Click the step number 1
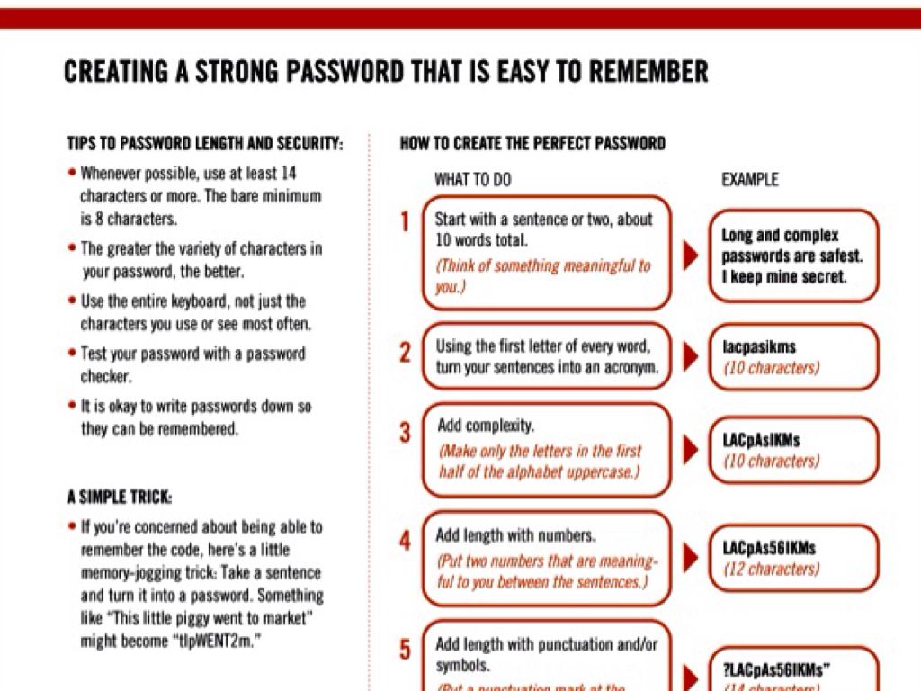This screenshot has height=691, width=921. click(405, 221)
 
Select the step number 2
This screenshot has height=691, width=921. click(405, 352)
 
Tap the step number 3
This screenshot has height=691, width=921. click(405, 433)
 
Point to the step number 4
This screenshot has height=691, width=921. click(405, 541)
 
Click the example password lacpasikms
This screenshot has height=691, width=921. click(759, 346)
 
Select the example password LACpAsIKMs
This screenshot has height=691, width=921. click(761, 441)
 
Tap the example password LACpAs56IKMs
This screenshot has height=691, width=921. click(769, 548)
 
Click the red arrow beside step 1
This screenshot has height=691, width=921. click(691, 256)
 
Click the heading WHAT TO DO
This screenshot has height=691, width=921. click(472, 180)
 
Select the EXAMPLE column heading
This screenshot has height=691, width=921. click(749, 180)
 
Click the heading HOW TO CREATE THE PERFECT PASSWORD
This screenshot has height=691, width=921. click(532, 143)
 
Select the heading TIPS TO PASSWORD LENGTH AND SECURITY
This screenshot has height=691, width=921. click(205, 143)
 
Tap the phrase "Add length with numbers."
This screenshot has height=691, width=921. click(515, 535)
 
